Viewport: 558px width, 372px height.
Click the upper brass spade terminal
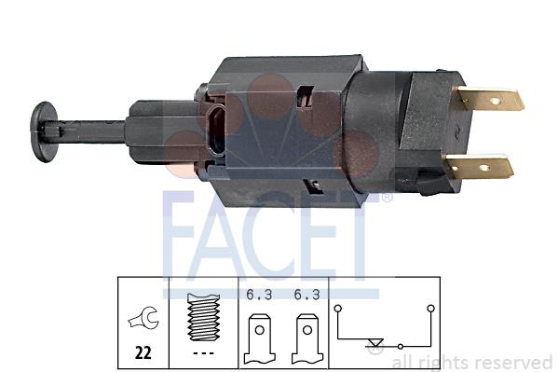click(490, 99)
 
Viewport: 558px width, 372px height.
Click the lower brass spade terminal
click(481, 168)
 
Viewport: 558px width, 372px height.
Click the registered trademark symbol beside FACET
click(387, 198)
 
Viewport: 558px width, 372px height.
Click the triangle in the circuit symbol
click(374, 348)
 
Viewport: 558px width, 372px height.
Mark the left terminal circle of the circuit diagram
click(338, 307)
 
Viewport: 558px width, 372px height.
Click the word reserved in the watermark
click(513, 362)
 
